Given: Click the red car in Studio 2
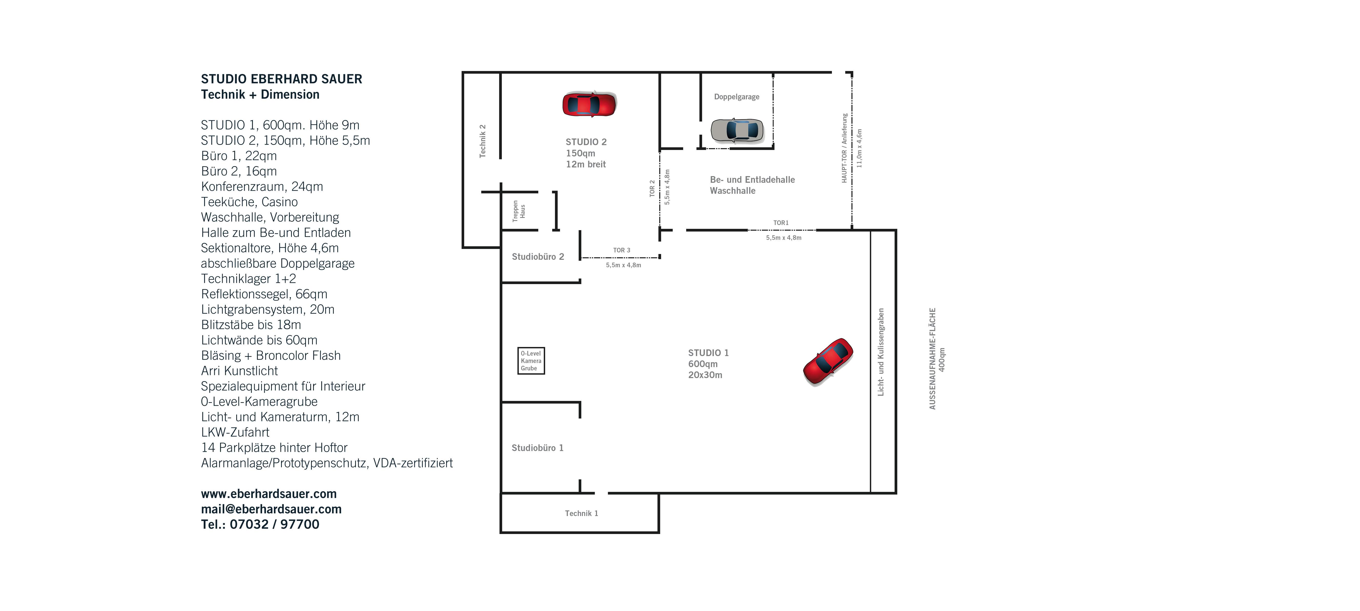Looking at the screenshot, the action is (589, 104).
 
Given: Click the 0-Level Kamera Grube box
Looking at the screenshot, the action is (531, 361).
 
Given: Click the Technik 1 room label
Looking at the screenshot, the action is (581, 513).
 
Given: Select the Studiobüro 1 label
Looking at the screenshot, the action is (538, 448).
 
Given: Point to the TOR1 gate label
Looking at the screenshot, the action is (781, 223).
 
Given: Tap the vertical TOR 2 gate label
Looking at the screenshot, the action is (652, 188).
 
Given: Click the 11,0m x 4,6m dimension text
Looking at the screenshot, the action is (859, 148).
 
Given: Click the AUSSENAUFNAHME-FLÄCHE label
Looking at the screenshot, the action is (932, 359).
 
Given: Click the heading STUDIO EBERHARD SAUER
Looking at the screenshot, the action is (281, 79).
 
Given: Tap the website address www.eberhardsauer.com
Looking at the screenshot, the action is (269, 494).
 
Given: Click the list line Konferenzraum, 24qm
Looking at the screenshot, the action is (262, 187).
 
